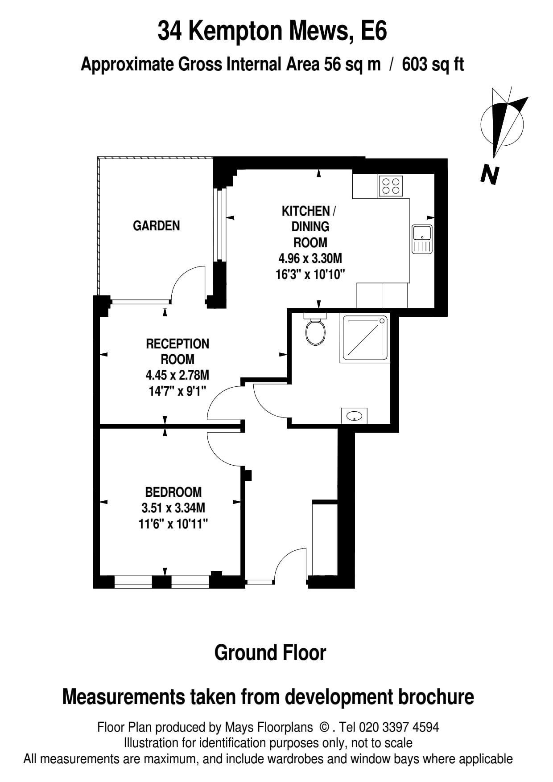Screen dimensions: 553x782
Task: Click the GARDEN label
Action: click(x=156, y=226)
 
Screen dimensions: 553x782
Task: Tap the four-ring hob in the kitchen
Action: click(x=391, y=186)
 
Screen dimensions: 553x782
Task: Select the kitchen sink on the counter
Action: click(x=422, y=239)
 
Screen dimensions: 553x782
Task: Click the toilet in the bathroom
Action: click(x=316, y=332)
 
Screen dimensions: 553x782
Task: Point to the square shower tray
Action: click(x=364, y=338)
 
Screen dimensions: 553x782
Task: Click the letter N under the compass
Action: click(x=490, y=175)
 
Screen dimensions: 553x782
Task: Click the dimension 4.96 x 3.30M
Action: click(x=310, y=258)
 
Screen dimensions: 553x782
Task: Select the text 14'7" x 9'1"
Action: click(x=177, y=391)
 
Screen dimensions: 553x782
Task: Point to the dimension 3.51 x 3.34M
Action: click(x=173, y=508)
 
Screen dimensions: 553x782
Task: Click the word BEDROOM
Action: click(x=173, y=492)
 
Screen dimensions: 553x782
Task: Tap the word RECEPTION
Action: click(x=177, y=344)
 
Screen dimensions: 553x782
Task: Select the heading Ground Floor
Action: click(x=270, y=653)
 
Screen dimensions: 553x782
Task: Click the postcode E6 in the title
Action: click(x=374, y=31)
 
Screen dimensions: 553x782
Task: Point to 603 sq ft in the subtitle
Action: click(x=433, y=65)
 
